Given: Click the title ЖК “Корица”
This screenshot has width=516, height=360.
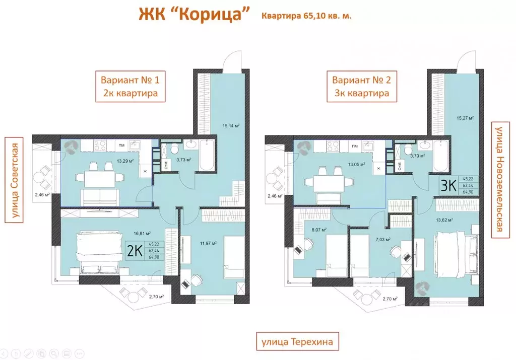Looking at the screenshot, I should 195,15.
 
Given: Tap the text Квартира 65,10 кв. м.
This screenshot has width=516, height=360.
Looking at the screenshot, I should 306,16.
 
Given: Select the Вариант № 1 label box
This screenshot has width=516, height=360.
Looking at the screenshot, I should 131,87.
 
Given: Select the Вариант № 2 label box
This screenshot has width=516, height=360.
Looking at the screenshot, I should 361,87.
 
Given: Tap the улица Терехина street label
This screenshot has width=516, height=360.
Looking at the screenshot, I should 297,342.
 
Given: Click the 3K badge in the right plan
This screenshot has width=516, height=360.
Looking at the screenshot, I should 448,185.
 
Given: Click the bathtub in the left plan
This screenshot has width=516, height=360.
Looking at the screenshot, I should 207,157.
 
